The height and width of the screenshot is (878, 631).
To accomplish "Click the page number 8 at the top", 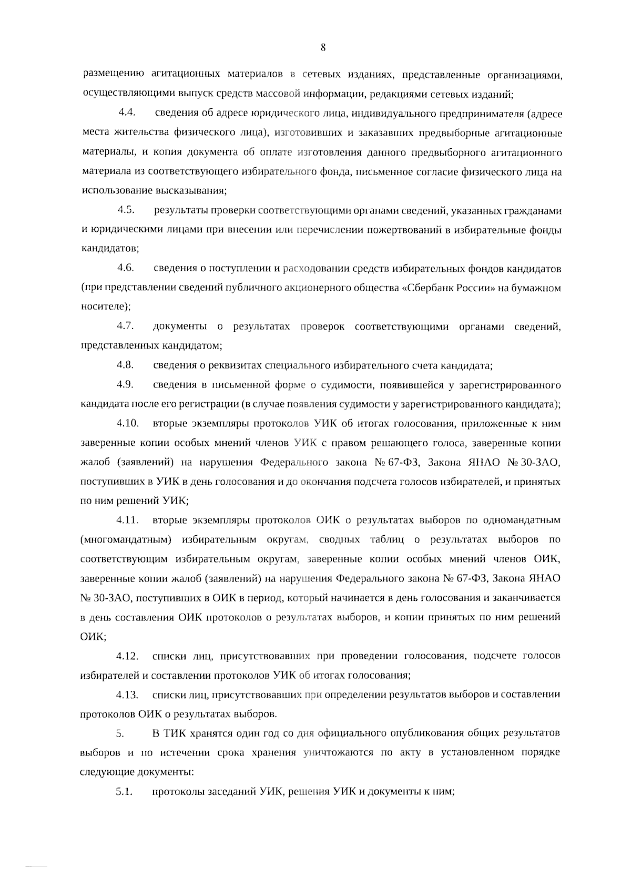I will click(x=323, y=48).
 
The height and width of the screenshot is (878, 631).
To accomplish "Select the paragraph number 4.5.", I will click(x=126, y=210).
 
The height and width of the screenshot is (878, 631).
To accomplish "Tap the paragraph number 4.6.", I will click(x=126, y=269).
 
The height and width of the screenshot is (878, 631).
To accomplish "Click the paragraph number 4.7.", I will click(x=125, y=326).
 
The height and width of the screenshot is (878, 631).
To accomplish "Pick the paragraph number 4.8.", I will click(x=125, y=365).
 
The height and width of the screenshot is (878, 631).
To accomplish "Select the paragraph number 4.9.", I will click(x=125, y=385).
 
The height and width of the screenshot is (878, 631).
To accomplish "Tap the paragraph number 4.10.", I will click(x=127, y=423).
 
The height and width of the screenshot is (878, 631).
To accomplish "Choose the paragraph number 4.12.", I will click(x=127, y=656).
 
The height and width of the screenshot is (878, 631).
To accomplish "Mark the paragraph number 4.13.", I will click(x=127, y=695).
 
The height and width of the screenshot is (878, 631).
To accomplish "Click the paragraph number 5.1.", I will click(x=124, y=792).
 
